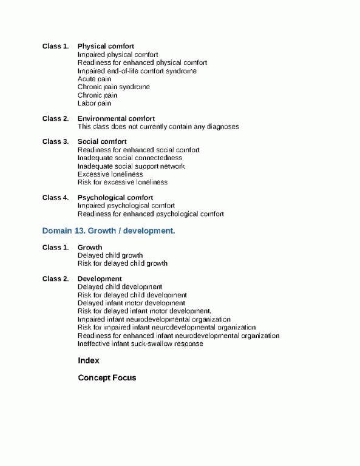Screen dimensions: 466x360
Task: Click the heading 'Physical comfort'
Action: (x=106, y=47)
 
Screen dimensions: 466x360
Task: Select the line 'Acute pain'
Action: (x=94, y=79)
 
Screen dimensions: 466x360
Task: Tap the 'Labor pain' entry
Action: (x=94, y=103)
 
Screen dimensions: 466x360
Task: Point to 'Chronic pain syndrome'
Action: (x=114, y=87)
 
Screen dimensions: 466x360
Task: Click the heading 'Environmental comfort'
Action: (x=116, y=118)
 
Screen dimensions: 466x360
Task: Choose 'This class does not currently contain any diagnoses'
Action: (x=158, y=127)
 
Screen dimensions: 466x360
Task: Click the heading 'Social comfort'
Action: (x=102, y=141)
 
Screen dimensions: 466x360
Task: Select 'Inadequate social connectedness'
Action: (x=129, y=158)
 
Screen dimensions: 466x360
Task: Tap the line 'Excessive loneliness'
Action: (x=110, y=174)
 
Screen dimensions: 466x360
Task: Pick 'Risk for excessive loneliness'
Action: (x=122, y=182)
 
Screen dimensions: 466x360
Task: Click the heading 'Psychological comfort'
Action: (x=115, y=197)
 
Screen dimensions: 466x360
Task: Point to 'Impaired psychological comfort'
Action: (x=126, y=206)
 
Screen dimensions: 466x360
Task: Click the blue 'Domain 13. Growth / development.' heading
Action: (x=109, y=231)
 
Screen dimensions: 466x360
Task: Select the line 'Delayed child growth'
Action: (x=110, y=255)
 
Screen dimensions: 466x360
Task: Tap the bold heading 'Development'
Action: (x=100, y=279)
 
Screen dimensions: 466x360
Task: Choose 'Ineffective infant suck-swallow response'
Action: (x=140, y=344)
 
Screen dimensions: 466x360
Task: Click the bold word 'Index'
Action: (x=89, y=360)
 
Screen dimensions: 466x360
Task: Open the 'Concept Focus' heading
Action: (x=107, y=377)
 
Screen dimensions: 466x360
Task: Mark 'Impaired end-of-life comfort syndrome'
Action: (x=137, y=71)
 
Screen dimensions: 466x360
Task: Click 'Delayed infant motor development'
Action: (x=131, y=303)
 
